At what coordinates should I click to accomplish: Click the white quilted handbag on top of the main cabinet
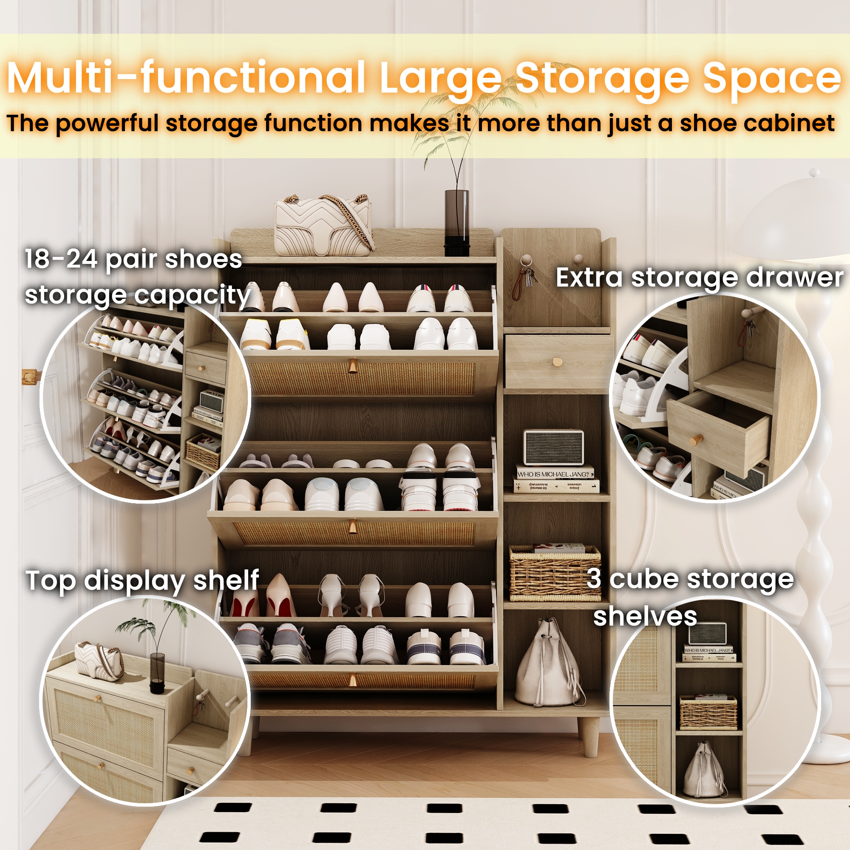point(324,226)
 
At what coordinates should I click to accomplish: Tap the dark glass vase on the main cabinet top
point(456,222)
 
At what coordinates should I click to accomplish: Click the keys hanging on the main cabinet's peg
point(527,277)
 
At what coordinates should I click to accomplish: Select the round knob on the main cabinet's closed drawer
point(557,362)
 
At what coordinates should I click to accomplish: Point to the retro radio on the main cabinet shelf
point(554,448)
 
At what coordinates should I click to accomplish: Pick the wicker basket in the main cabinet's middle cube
point(555,573)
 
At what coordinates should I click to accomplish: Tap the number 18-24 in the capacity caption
point(61,260)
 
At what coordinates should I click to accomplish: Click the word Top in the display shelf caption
point(50,581)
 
